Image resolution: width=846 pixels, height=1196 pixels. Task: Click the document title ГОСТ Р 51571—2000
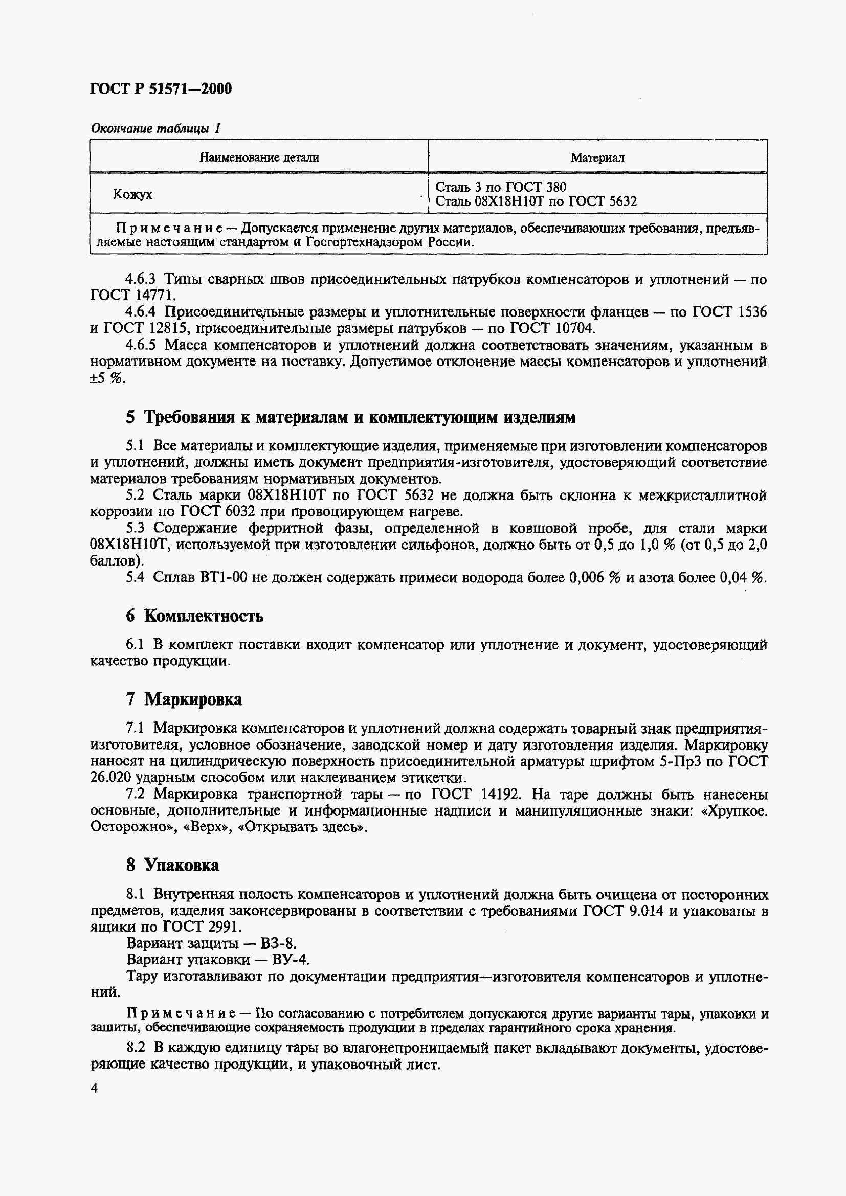click(161, 88)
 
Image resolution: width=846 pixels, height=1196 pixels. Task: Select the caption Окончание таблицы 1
click(156, 128)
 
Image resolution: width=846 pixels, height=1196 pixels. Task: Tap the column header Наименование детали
click(259, 157)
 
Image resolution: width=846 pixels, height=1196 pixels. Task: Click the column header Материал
click(597, 157)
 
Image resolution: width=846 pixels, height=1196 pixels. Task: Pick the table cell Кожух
click(133, 194)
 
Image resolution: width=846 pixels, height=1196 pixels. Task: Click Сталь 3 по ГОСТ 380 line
click(501, 187)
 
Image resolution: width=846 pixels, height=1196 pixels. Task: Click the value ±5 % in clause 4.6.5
click(108, 378)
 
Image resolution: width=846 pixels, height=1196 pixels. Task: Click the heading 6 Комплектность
click(194, 616)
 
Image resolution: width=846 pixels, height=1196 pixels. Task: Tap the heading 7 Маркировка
click(184, 699)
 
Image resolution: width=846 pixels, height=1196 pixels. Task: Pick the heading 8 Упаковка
click(172, 865)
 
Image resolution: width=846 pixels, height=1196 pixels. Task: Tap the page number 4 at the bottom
click(94, 1088)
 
